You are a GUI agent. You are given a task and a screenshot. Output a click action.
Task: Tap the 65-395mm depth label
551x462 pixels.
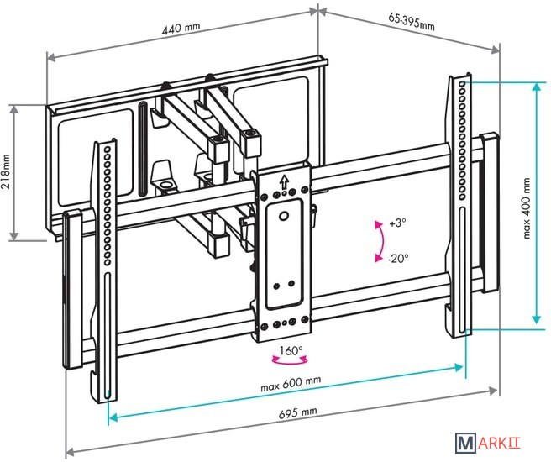pos(412,21)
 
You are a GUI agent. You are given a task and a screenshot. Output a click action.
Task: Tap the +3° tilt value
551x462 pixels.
pos(396,224)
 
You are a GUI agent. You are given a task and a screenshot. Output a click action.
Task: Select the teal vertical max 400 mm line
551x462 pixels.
pos(536,206)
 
